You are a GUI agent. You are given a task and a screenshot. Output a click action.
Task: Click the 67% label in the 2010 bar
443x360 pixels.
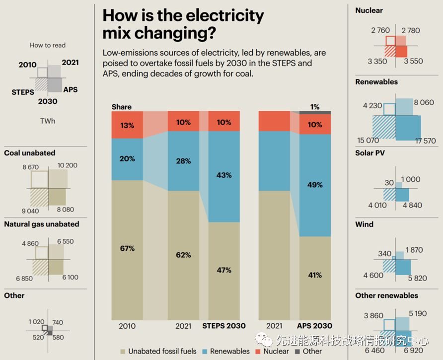coord(127,248)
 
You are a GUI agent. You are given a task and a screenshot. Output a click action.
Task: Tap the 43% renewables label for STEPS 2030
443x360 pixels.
coord(224,175)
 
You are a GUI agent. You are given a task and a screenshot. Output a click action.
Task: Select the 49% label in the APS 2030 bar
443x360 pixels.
coord(315,185)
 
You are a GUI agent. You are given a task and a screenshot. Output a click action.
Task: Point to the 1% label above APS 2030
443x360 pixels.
coord(315,107)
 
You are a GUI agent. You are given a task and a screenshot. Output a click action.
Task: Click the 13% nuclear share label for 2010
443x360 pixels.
coord(127,125)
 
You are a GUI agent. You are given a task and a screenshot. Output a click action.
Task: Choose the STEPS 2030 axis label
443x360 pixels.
coord(224,326)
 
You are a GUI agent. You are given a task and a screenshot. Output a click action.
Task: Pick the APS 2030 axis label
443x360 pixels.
coord(314,326)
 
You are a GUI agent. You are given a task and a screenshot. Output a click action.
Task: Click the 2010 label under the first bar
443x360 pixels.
coord(127,326)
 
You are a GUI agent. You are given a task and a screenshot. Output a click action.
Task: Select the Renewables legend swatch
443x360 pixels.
coord(205,351)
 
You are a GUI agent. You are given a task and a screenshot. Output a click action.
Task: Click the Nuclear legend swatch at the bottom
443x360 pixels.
coord(258,351)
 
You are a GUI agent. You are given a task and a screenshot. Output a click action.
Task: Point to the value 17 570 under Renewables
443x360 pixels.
coord(426,141)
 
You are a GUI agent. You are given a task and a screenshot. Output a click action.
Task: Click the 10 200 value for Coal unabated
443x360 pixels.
coord(68,165)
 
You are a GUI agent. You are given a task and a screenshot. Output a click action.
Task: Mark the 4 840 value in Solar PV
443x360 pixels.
coord(411,206)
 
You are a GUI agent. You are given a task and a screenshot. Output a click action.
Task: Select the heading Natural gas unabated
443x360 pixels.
coord(42,224)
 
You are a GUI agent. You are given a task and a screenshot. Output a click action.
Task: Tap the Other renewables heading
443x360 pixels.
coord(386,295)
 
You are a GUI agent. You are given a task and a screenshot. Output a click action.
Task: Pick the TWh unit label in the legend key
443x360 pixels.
coord(48,121)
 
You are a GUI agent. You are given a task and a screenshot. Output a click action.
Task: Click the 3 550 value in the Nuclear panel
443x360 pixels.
coord(413,61)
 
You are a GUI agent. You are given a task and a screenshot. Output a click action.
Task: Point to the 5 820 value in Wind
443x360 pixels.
coord(417,278)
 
